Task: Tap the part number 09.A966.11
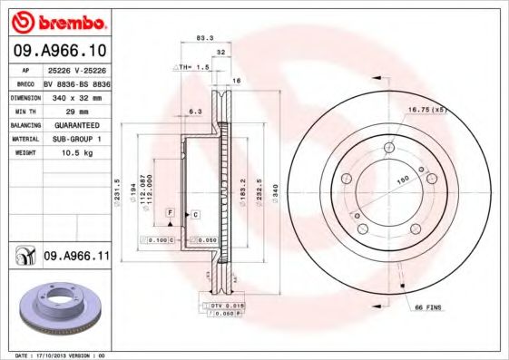pyautogui.click(x=76, y=258)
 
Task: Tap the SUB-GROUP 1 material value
pyautogui.click(x=73, y=140)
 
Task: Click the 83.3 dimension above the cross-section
pyautogui.click(x=204, y=39)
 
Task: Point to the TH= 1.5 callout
pyautogui.click(x=193, y=68)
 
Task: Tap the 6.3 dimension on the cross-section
pyautogui.click(x=194, y=111)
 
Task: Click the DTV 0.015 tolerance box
pyautogui.click(x=224, y=305)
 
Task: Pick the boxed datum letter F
pyautogui.click(x=169, y=211)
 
